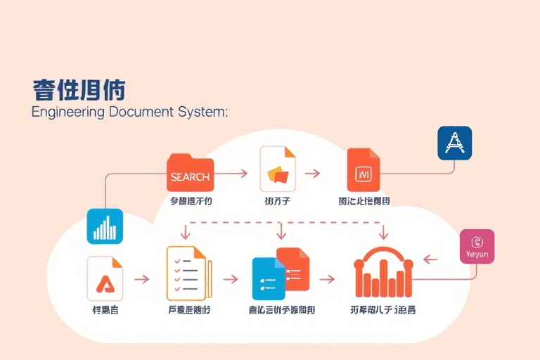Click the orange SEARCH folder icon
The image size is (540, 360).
[x=190, y=173]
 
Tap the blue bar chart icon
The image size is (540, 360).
[x=105, y=226]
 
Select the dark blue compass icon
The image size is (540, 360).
[x=454, y=143]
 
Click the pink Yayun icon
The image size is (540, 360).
[x=477, y=246]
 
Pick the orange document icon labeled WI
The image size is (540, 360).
[x=364, y=170]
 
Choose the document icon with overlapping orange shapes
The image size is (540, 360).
[x=278, y=169]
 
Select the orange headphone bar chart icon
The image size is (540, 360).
[x=382, y=272]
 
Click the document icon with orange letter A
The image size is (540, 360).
[x=105, y=278]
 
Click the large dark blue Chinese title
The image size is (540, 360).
[x=79, y=90]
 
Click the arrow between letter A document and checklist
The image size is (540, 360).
[x=141, y=278]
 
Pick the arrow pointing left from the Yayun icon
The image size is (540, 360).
[x=430, y=259]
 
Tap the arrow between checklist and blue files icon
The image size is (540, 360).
[x=230, y=278]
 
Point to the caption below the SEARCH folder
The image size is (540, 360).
[x=191, y=202]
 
